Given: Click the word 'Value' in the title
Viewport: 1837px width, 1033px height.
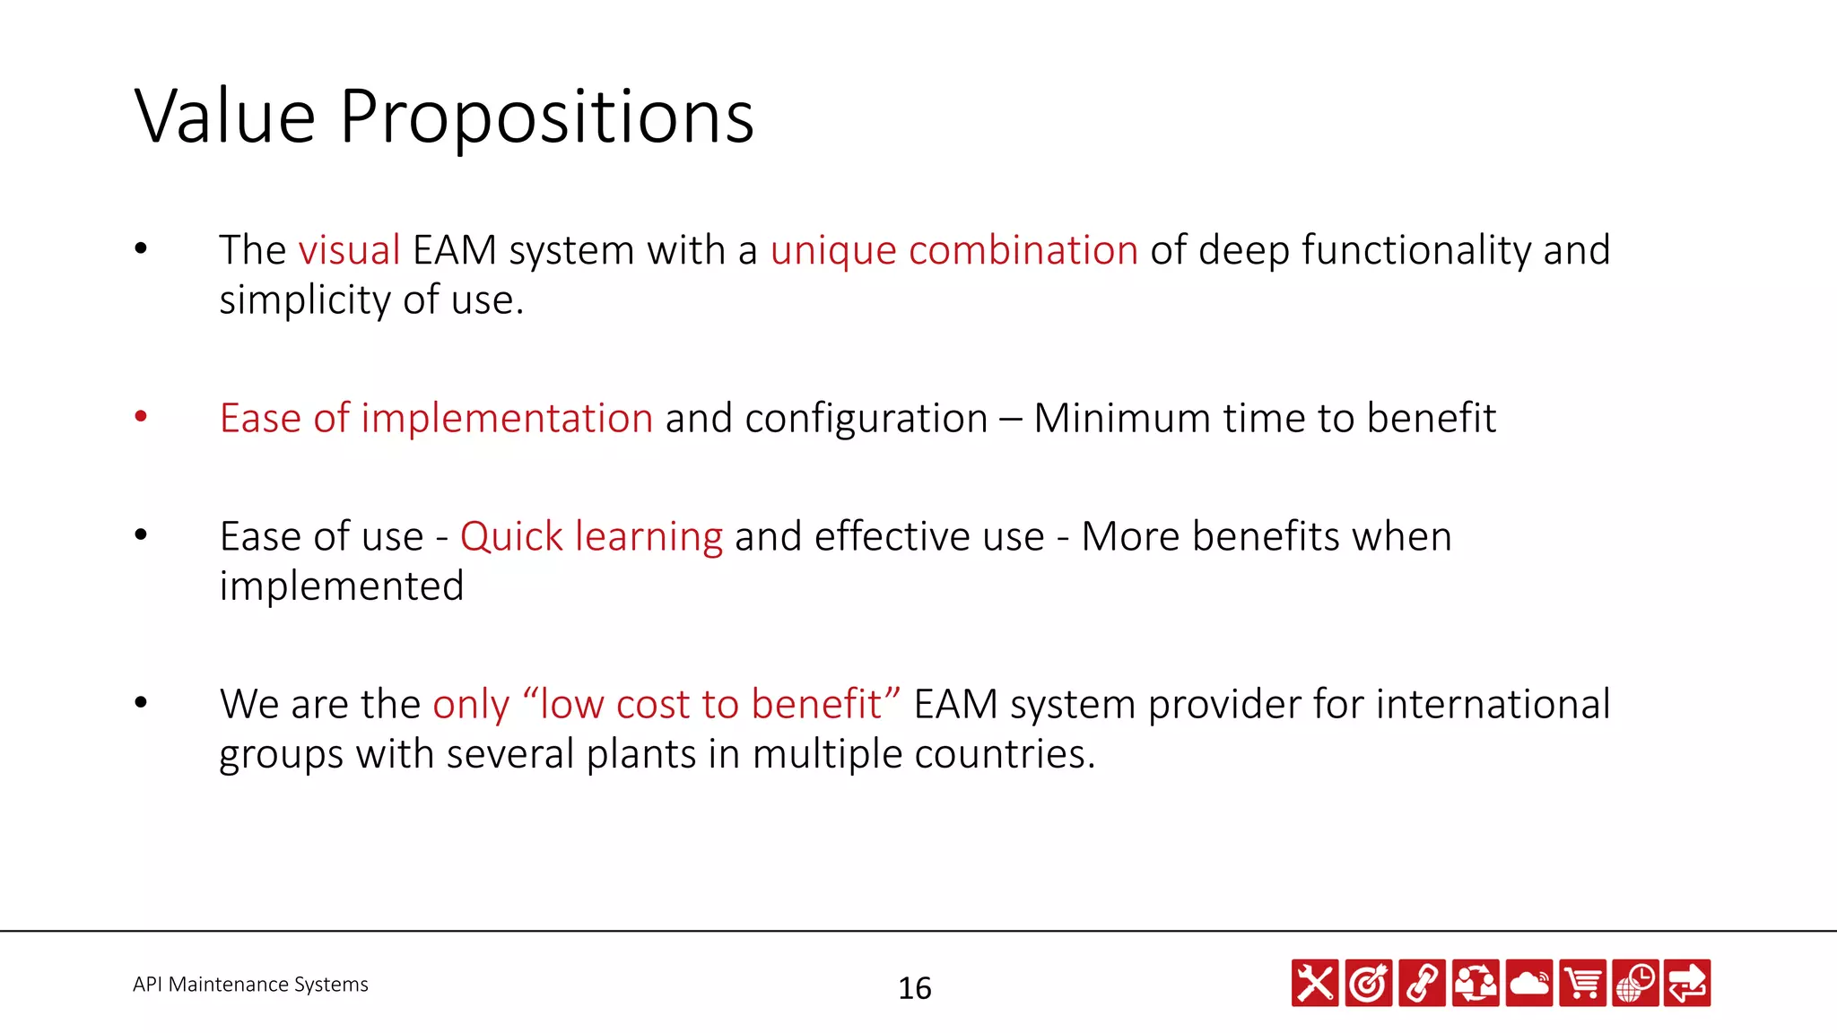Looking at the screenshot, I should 225,117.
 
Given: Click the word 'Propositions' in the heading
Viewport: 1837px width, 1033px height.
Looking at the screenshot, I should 547,118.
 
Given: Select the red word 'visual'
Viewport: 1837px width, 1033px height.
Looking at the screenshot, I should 349,250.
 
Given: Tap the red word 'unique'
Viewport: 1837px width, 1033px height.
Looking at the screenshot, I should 833,251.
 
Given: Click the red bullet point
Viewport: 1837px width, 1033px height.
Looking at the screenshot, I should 141,416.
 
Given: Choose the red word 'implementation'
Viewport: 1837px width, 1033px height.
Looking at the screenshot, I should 507,419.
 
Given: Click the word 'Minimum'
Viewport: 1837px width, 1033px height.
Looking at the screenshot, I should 1121,419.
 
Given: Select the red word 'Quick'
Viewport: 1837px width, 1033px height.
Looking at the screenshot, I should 511,537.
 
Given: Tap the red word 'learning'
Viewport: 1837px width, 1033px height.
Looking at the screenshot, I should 649,537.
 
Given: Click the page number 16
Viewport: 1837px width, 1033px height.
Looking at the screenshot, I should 915,988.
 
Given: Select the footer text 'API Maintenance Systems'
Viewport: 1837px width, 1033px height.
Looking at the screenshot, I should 250,985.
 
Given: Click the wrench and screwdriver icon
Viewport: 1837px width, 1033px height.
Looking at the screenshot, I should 1315,983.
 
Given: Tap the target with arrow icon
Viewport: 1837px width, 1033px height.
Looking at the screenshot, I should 1369,983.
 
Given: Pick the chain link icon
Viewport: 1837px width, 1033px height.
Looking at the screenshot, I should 1422,983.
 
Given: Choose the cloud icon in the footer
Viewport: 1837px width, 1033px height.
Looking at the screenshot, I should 1529,983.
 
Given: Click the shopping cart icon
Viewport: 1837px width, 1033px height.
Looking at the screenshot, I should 1582,983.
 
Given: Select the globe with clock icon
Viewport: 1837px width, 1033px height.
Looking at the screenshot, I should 1635,983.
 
